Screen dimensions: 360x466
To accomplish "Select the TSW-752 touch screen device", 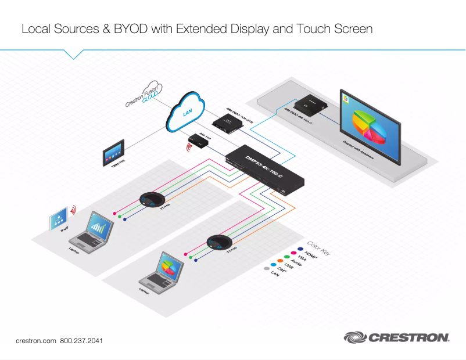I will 113,154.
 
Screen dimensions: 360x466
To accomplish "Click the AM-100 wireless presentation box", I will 199,141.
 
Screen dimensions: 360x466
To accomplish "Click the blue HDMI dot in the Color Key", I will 301,250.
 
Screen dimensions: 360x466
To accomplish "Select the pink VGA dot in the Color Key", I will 294,255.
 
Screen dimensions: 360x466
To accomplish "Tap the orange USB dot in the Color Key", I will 279,264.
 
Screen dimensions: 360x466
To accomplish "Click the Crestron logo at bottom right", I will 396,337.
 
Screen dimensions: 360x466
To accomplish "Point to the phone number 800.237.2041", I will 81,340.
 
